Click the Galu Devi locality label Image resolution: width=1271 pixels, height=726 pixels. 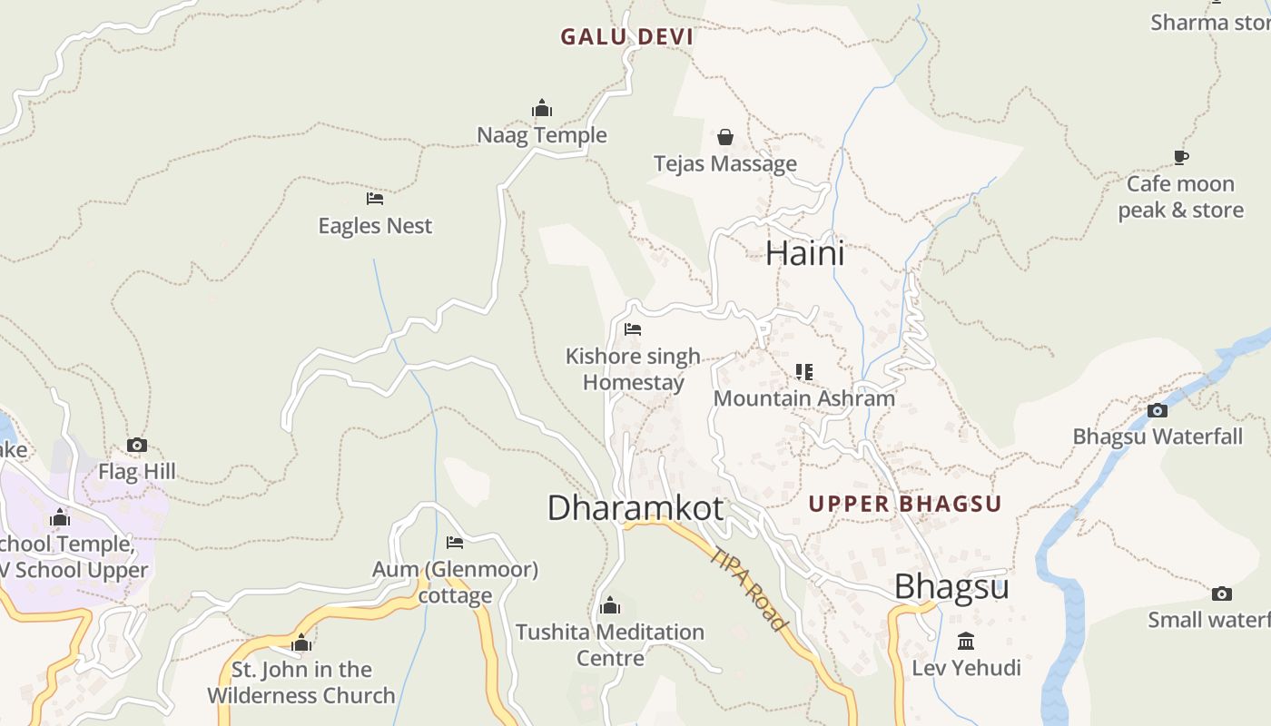[x=626, y=37]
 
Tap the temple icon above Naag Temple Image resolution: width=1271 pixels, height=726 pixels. [x=542, y=109]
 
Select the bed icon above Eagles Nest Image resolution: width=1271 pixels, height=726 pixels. [x=375, y=198]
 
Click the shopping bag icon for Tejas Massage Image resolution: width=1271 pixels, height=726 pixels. [x=725, y=137]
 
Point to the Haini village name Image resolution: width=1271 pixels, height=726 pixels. [x=804, y=253]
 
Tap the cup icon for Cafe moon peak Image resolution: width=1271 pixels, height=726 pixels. [x=1180, y=157]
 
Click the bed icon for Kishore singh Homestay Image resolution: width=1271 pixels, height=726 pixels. [x=633, y=329]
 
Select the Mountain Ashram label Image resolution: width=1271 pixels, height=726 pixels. [x=803, y=398]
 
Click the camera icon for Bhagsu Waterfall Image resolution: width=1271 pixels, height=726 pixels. [x=1157, y=410]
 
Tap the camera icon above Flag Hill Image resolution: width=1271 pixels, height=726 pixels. [x=137, y=445]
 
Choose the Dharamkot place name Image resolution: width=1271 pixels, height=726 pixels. [x=635, y=508]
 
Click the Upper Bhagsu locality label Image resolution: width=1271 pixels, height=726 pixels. [x=904, y=505]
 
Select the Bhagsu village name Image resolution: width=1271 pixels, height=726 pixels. [x=951, y=587]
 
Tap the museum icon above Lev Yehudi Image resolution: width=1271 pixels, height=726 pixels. [x=966, y=642]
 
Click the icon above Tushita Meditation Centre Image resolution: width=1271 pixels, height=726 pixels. [x=610, y=605]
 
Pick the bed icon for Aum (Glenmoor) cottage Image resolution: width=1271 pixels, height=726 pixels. [x=455, y=543]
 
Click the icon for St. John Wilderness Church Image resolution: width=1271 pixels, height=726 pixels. [x=301, y=643]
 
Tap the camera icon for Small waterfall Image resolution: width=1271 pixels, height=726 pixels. [x=1222, y=594]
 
